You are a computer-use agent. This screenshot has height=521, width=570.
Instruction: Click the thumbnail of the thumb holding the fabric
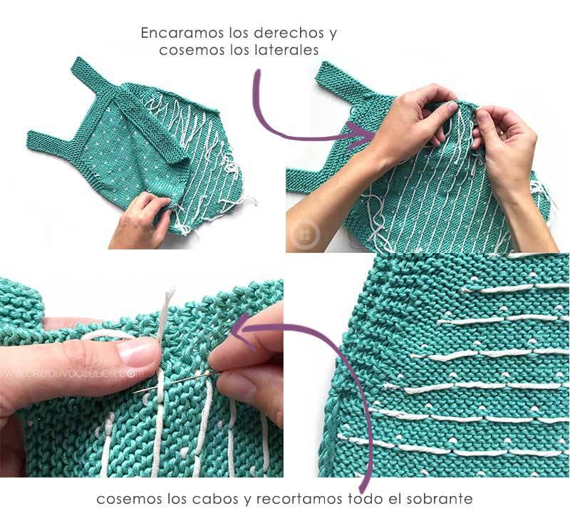[x=136, y=352]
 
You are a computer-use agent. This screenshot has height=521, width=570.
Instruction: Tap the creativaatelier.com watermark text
[x=71, y=372]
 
